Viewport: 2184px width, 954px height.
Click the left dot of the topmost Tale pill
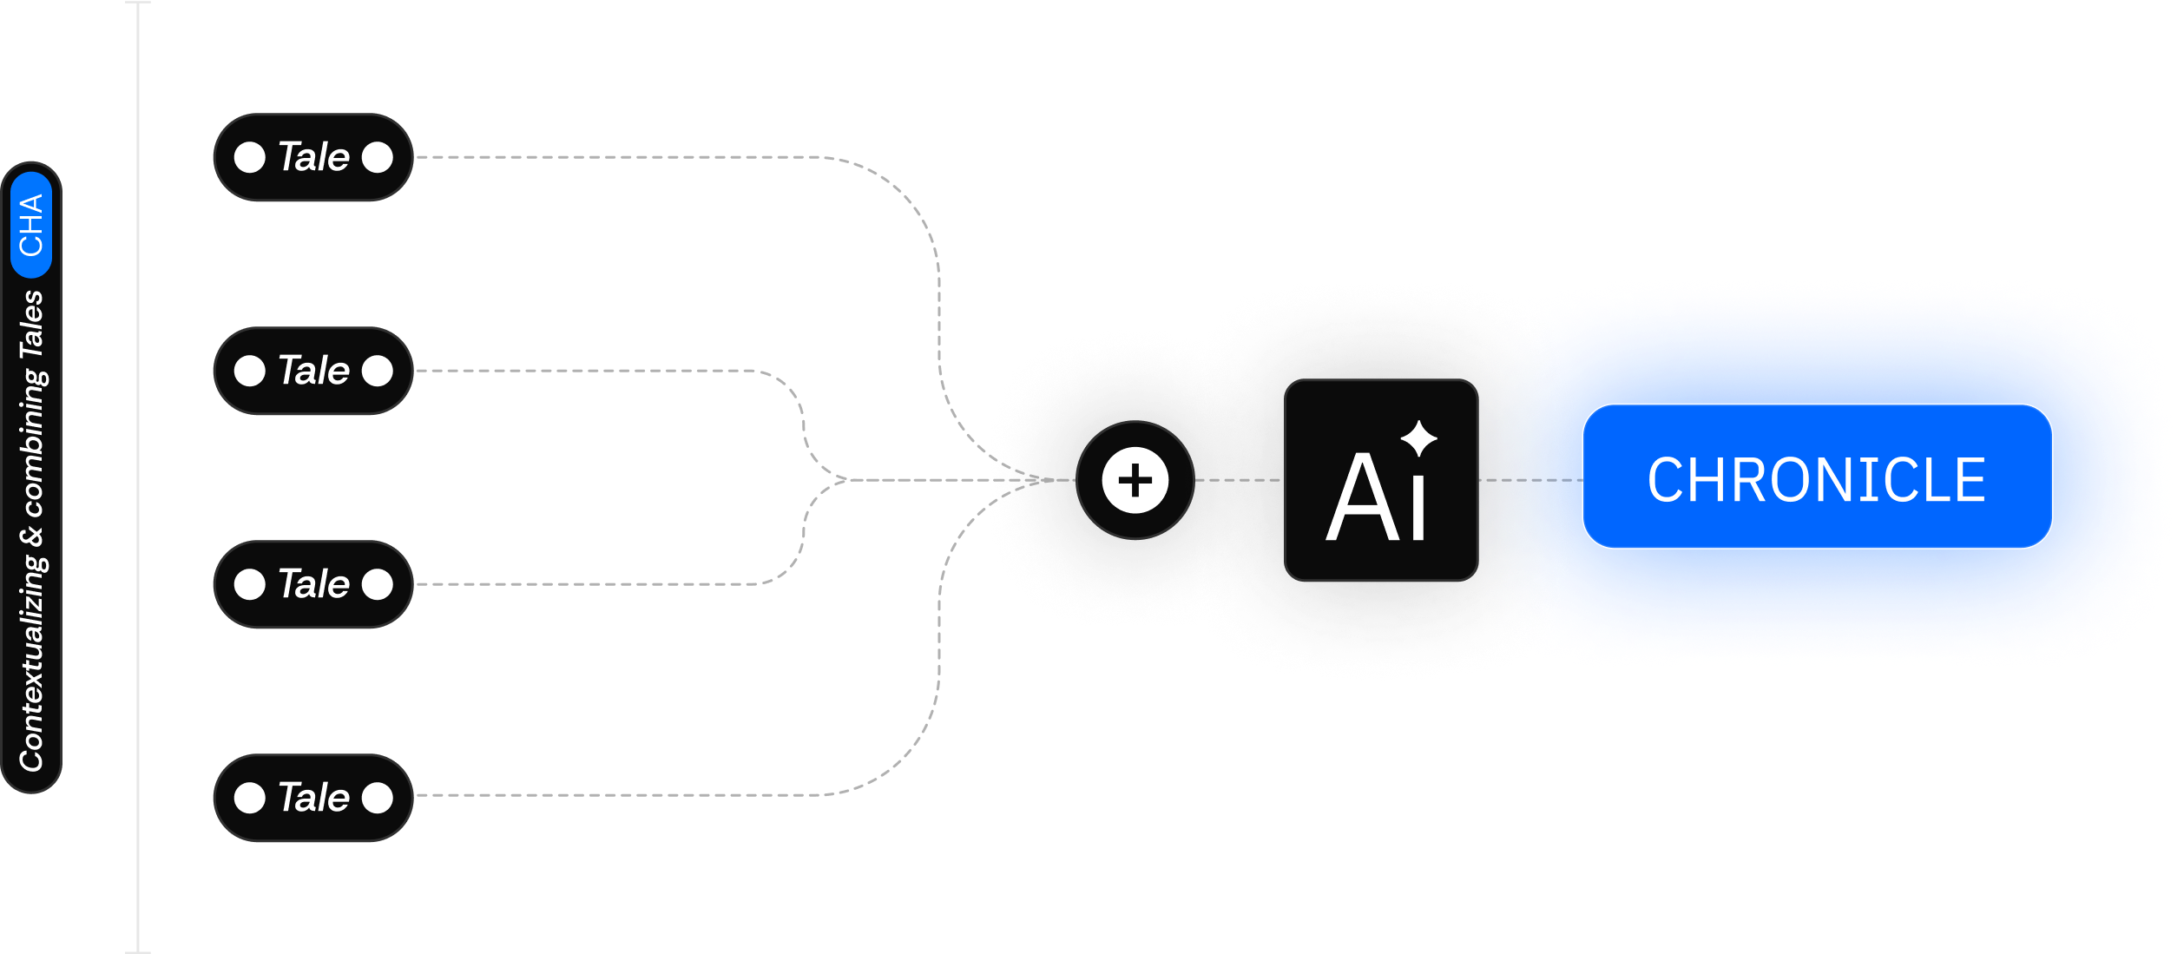[x=250, y=157]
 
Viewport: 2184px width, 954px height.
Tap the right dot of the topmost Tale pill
[x=378, y=157]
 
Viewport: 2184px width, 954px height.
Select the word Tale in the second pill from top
[x=313, y=371]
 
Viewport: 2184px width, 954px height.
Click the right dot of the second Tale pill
[x=378, y=371]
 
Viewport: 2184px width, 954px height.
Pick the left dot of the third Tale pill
[x=250, y=584]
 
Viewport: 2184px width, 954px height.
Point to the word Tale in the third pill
[x=313, y=584]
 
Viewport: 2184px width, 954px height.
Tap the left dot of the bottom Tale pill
[x=250, y=798]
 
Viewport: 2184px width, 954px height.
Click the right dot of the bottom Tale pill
[x=378, y=798]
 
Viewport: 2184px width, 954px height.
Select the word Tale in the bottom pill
[x=313, y=798]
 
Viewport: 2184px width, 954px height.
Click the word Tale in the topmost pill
[x=313, y=157]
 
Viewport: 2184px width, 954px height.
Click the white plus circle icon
[x=1135, y=480]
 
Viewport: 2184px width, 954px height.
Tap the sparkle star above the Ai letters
[x=1419, y=438]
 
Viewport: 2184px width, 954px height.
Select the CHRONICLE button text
[x=1817, y=480]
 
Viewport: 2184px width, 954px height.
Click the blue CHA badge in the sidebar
[x=31, y=225]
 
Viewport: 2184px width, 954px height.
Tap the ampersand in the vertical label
[x=32, y=536]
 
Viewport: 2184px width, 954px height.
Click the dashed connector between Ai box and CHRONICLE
[x=1529, y=480]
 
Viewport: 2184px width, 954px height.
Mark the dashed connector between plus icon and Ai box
[x=1238, y=480]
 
